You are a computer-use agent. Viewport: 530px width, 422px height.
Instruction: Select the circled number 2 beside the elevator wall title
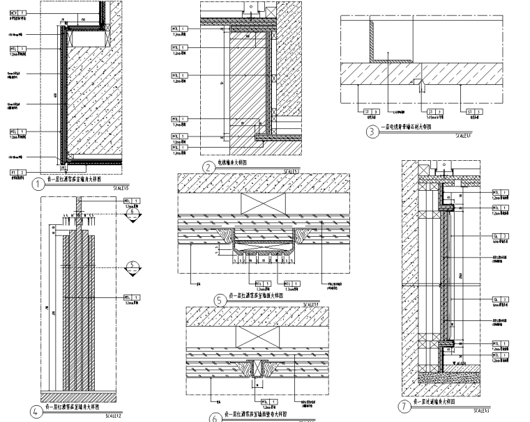pos(207,167)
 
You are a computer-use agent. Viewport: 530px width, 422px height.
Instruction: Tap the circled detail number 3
pos(373,130)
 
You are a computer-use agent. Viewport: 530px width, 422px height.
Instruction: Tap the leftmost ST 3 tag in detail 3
pos(369,111)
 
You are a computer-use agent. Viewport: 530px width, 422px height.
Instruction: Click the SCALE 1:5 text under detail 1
pos(121,188)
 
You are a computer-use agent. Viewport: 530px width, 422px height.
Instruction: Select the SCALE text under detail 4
pos(114,416)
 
